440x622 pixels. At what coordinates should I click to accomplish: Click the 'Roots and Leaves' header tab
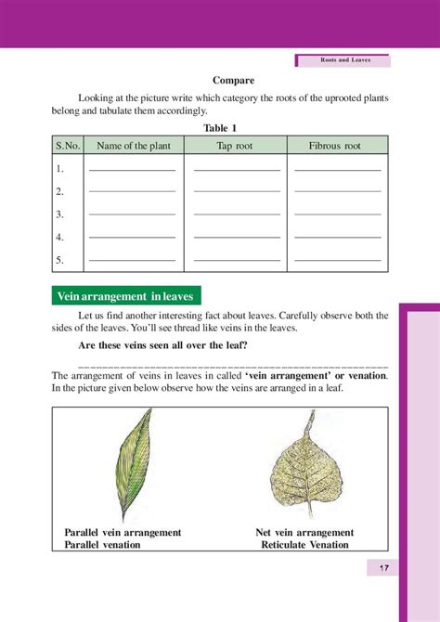click(x=343, y=60)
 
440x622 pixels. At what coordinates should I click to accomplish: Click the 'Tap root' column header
click(x=237, y=145)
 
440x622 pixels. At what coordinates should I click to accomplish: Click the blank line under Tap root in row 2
click(x=237, y=193)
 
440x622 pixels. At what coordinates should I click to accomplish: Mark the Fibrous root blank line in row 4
click(x=337, y=239)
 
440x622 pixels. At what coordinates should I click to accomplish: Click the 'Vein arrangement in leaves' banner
click(x=124, y=297)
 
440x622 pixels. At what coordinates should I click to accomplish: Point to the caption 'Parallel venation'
click(x=102, y=545)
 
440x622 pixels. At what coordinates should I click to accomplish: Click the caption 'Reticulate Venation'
click(x=305, y=545)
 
